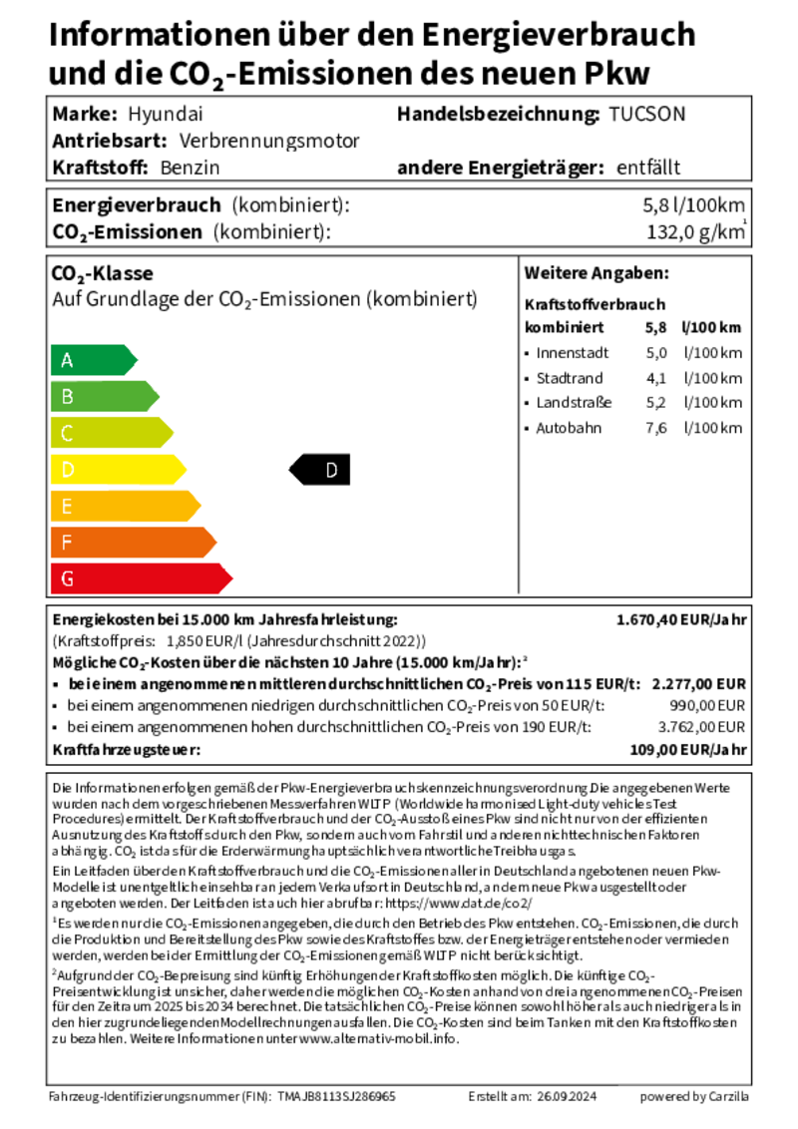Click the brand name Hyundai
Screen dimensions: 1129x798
tap(165, 114)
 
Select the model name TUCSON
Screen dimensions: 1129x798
tap(647, 114)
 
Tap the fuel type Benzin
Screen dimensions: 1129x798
tap(190, 168)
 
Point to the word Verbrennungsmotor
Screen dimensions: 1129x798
tap(269, 141)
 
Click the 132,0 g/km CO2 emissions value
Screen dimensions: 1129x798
tap(696, 233)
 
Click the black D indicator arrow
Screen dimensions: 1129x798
tap(320, 469)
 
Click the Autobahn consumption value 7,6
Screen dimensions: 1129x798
tap(655, 428)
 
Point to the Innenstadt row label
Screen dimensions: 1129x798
tap(572, 353)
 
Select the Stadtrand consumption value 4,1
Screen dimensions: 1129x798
tap(655, 378)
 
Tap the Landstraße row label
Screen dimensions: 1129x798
tap(574, 403)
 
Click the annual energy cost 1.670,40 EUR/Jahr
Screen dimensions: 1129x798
tap(681, 619)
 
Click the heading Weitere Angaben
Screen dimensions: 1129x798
tap(597, 273)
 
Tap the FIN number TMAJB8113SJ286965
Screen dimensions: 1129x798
tap(336, 1096)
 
